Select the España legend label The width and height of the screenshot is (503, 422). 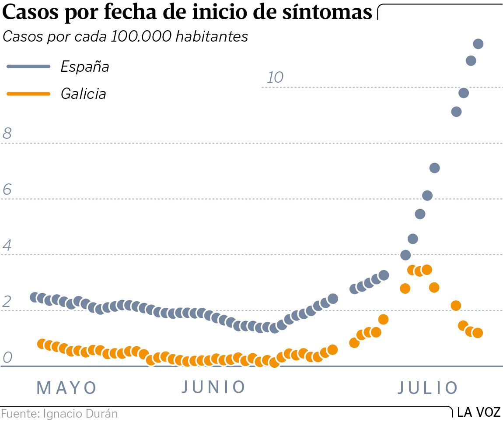(84, 67)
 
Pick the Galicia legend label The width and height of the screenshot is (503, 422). (83, 94)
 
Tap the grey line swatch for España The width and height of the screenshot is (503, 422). (29, 67)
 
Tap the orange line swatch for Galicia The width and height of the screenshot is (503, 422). (29, 94)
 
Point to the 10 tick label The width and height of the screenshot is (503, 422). (275, 77)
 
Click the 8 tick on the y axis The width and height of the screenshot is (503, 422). (7, 134)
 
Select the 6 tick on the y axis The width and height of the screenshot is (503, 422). (7, 190)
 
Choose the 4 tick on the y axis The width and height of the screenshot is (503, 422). (7, 246)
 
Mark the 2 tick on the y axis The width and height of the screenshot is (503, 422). (7, 302)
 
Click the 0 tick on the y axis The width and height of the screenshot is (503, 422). (7, 358)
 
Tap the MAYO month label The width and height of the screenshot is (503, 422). (66, 388)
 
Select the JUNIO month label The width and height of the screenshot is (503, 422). (213, 387)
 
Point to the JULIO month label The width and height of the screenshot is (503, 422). (428, 388)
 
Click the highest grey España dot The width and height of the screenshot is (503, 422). (478, 44)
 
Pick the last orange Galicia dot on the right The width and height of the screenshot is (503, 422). (478, 333)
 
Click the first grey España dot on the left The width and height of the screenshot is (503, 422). (35, 297)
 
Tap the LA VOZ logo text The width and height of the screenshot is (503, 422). (479, 412)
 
